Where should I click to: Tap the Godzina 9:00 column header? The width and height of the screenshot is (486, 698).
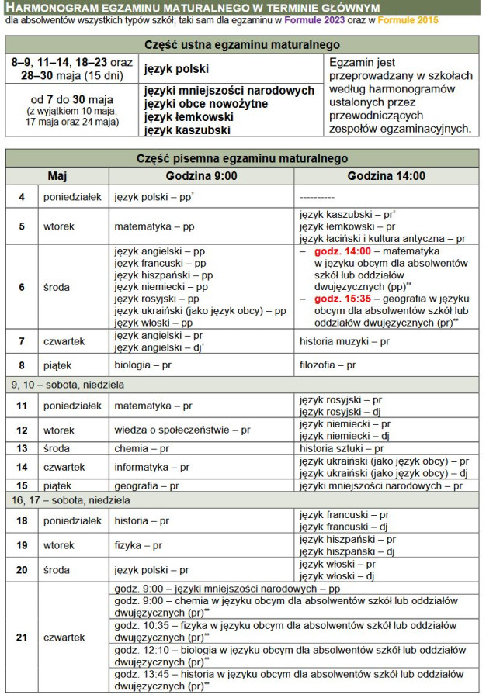(201, 176)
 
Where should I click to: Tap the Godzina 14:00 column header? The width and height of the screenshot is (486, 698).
(386, 176)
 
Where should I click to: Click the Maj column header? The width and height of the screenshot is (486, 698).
(57, 176)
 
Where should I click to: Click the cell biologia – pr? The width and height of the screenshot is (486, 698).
(144, 365)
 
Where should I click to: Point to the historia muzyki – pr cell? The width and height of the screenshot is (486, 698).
(344, 341)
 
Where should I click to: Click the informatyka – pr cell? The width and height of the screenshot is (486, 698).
(151, 467)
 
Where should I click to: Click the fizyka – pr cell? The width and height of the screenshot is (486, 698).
(137, 545)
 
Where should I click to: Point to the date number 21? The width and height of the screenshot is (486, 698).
(22, 637)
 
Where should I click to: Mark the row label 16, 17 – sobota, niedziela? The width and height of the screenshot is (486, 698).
(71, 501)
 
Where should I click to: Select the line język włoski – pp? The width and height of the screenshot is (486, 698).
(153, 322)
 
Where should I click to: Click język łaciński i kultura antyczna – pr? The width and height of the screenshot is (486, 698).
(382, 239)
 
